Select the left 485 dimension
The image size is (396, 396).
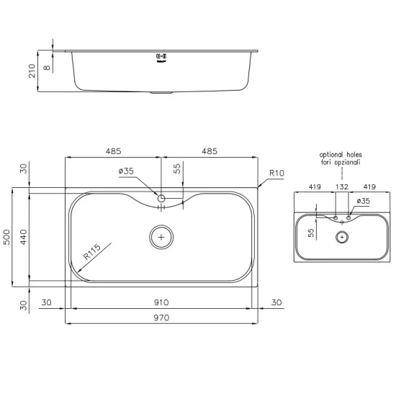coord(113,151)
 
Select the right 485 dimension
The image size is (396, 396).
coord(210,151)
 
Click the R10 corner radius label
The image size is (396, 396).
coord(277,174)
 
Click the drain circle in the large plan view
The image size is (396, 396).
coord(161,236)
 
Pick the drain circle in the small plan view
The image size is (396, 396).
coord(342,236)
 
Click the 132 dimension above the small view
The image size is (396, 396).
coord(342,186)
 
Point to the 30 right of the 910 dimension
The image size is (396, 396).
coord(276,303)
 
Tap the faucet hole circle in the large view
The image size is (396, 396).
coord(161,197)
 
